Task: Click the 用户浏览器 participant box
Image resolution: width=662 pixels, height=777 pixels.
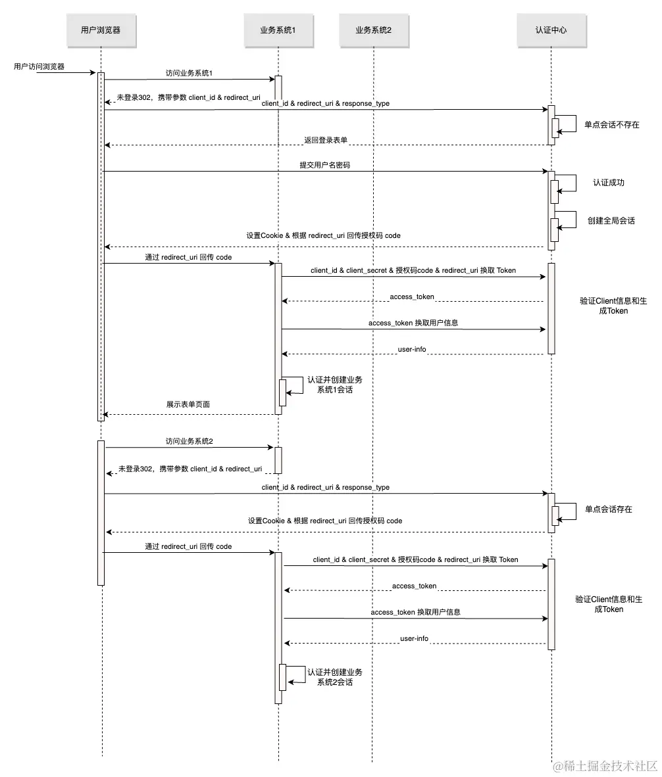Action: pyautogui.click(x=101, y=30)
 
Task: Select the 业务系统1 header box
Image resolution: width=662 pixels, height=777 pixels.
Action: pyautogui.click(x=278, y=30)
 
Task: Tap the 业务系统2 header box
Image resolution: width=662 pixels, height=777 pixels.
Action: pyautogui.click(x=373, y=30)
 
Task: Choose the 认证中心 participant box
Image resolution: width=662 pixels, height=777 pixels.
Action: pyautogui.click(x=551, y=30)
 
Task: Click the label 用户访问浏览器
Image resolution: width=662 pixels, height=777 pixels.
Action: pyautogui.click(x=39, y=66)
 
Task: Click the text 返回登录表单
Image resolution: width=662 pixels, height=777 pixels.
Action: pyautogui.click(x=326, y=140)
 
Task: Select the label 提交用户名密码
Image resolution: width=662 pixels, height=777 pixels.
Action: pyautogui.click(x=325, y=165)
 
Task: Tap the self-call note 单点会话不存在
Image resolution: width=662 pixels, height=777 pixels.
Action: pyautogui.click(x=612, y=125)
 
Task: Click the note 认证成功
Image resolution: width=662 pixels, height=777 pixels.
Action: pyautogui.click(x=608, y=183)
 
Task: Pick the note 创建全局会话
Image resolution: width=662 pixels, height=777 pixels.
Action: pyautogui.click(x=611, y=221)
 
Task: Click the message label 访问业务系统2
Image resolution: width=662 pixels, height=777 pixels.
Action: pyautogui.click(x=190, y=441)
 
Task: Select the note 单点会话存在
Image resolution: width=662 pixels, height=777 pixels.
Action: pyautogui.click(x=608, y=509)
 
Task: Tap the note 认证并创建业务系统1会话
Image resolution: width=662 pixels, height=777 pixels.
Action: pyautogui.click(x=335, y=385)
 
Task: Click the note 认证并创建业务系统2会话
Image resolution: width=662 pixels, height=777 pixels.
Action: pyautogui.click(x=335, y=677)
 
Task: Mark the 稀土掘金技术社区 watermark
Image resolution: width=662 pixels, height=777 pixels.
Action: pyautogui.click(x=605, y=765)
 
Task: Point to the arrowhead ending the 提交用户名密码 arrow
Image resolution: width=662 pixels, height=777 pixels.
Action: pyautogui.click(x=544, y=172)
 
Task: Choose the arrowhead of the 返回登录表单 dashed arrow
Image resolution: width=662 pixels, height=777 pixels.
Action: pyautogui.click(x=107, y=145)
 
